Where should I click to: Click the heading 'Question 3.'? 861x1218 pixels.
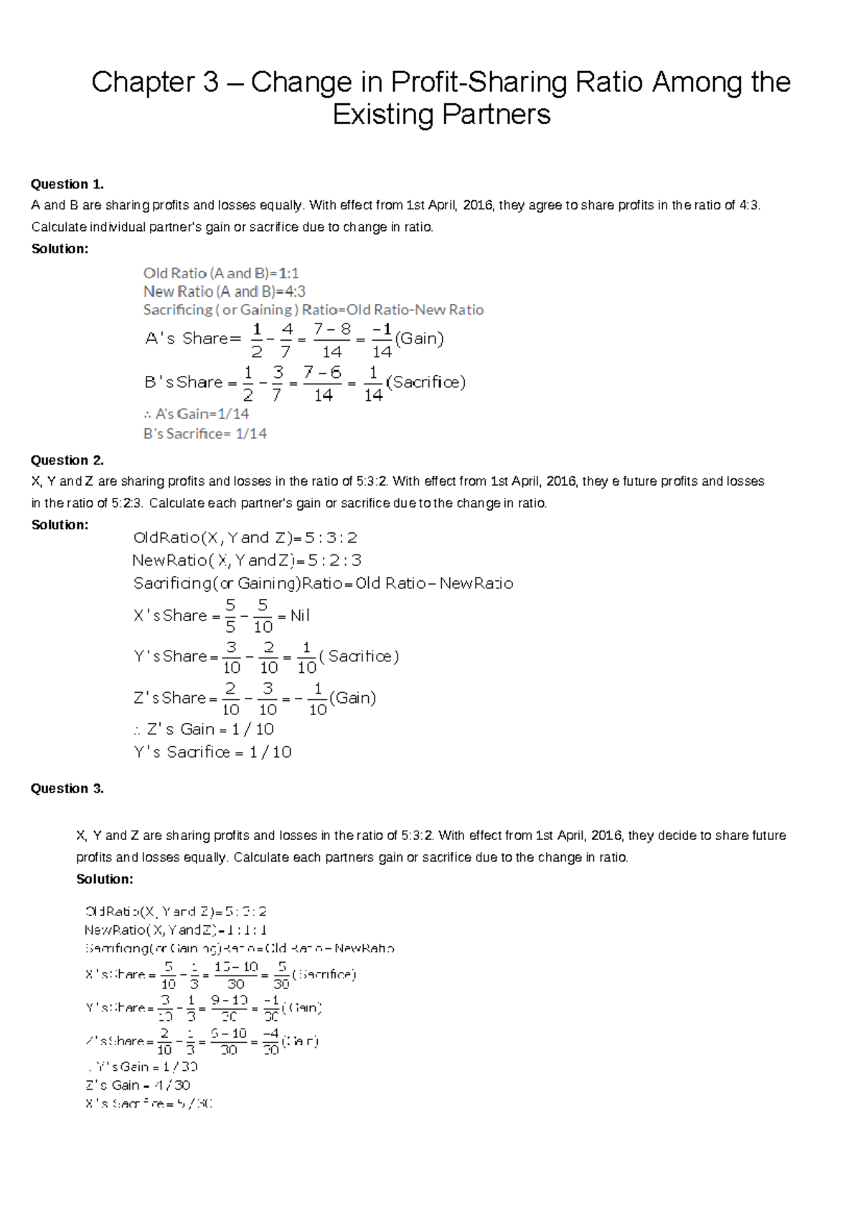67,788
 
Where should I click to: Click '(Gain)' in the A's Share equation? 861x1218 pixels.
420,339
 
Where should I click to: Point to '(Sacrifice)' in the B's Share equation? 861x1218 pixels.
426,382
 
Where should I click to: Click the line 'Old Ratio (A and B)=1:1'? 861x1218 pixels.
221,273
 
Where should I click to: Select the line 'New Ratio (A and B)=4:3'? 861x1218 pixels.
225,291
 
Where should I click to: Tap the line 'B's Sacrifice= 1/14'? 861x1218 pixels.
205,433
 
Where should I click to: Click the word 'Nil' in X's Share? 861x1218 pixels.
300,615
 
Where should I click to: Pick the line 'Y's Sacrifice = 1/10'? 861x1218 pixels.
212,752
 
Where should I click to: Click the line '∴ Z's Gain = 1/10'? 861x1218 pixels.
204,729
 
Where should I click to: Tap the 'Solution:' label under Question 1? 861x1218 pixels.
60,248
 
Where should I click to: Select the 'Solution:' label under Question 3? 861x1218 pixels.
105,879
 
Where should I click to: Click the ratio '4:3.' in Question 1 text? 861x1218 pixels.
748,205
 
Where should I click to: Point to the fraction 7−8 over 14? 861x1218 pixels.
331,340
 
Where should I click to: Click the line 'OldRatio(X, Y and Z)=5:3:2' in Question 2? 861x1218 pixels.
245,538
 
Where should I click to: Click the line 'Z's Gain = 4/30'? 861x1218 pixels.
138,1085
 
